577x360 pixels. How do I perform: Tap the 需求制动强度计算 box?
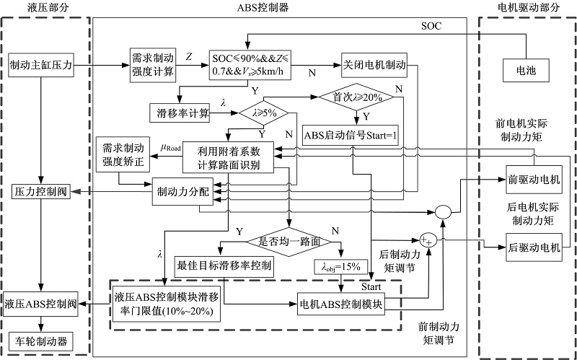click(x=150, y=65)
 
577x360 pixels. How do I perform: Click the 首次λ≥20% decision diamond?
click(x=357, y=97)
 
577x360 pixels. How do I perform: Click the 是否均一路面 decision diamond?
click(x=289, y=240)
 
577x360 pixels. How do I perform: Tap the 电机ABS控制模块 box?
click(x=341, y=303)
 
